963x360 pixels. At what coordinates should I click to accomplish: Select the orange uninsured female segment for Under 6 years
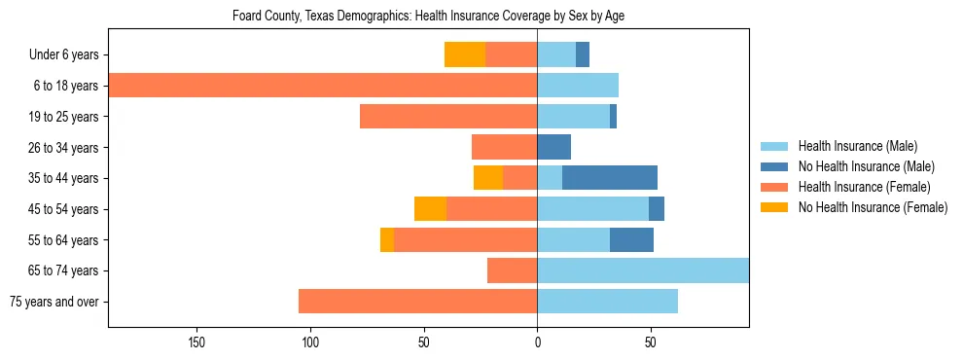pyautogui.click(x=465, y=54)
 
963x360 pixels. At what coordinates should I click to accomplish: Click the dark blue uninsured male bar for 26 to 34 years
pyautogui.click(x=554, y=147)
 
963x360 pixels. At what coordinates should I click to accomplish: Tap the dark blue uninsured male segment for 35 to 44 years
pyautogui.click(x=610, y=178)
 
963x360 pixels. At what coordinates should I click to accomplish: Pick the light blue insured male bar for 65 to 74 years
pyautogui.click(x=643, y=270)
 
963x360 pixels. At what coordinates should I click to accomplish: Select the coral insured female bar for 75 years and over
pyautogui.click(x=418, y=302)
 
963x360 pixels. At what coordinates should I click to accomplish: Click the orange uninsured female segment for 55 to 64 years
pyautogui.click(x=387, y=239)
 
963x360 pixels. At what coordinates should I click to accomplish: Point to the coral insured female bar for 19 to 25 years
pyautogui.click(x=448, y=117)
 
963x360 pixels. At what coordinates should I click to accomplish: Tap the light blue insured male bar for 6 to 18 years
pyautogui.click(x=578, y=86)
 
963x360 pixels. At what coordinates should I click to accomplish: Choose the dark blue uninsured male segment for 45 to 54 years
pyautogui.click(x=657, y=209)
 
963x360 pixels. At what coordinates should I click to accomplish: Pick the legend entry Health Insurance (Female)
pyautogui.click(x=864, y=187)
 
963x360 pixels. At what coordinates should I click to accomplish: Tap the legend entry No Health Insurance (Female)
pyautogui.click(x=873, y=207)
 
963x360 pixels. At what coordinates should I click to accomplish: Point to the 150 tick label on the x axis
pyautogui.click(x=196, y=342)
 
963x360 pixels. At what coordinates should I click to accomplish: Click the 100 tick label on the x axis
pyautogui.click(x=310, y=342)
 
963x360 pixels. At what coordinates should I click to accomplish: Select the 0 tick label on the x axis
pyautogui.click(x=537, y=342)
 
